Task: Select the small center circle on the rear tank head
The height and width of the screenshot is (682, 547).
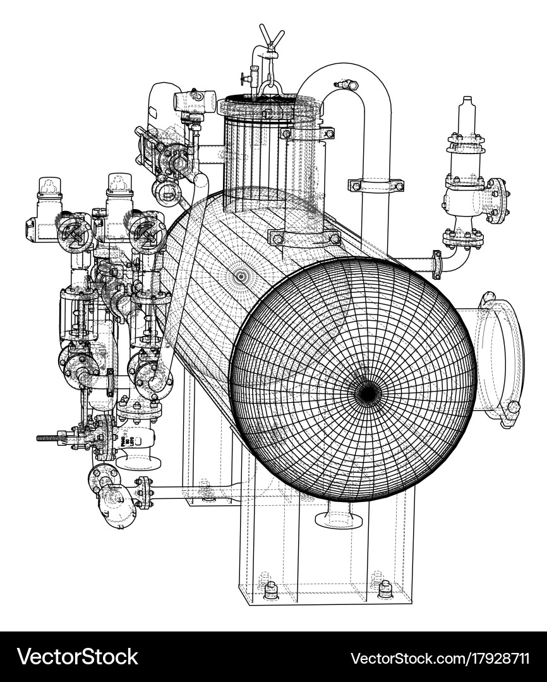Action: pyautogui.click(x=241, y=276)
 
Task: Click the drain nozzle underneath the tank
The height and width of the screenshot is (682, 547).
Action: pyautogui.click(x=339, y=516)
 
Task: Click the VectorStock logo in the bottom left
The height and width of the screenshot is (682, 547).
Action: pyautogui.click(x=77, y=657)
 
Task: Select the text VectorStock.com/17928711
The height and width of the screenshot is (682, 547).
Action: pyautogui.click(x=440, y=657)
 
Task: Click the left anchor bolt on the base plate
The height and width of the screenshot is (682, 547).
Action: pyautogui.click(x=271, y=590)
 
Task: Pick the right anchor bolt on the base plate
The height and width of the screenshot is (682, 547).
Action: pyautogui.click(x=385, y=589)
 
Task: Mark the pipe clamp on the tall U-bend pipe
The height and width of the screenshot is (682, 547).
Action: pyautogui.click(x=376, y=185)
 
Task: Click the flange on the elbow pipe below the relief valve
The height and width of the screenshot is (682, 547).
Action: pyautogui.click(x=436, y=265)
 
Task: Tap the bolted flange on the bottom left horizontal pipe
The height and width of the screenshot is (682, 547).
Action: pyautogui.click(x=144, y=492)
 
